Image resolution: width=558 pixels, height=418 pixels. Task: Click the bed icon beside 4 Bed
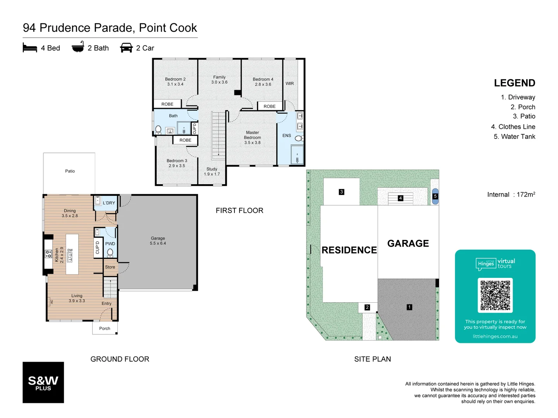click(x=30, y=48)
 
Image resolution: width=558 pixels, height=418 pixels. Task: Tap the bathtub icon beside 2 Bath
click(x=78, y=47)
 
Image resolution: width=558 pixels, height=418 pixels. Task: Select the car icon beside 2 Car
click(x=126, y=48)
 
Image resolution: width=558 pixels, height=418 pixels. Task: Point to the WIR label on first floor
click(x=289, y=84)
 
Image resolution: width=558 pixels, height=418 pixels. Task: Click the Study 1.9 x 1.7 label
click(x=212, y=171)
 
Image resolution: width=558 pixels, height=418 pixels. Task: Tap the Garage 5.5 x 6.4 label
click(x=158, y=241)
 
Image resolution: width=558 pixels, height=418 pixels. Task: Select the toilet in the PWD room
click(x=110, y=253)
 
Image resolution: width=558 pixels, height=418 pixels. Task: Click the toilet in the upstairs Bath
click(x=158, y=129)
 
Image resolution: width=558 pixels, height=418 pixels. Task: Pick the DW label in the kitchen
click(x=70, y=250)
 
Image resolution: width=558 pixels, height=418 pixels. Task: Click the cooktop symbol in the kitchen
click(x=48, y=254)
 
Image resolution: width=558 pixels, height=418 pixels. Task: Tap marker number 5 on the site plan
click(x=435, y=196)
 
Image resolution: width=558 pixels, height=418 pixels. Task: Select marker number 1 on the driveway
click(x=409, y=307)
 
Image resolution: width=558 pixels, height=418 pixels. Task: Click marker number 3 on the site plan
click(x=341, y=192)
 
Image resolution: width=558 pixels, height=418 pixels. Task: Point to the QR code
click(x=495, y=295)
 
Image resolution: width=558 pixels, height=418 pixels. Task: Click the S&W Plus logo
click(x=43, y=382)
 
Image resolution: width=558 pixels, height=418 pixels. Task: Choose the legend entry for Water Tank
click(x=514, y=137)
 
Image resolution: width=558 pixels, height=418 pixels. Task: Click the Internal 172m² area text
click(x=511, y=194)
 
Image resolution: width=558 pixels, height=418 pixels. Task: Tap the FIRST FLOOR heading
click(x=239, y=211)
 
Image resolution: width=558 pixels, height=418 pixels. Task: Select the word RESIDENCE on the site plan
click(x=349, y=250)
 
